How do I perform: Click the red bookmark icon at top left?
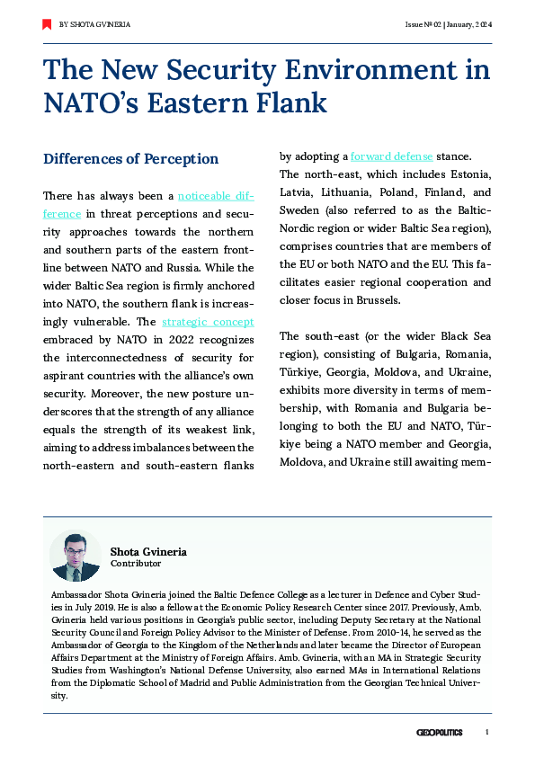(x=47, y=24)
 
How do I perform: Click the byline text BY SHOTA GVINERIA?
(x=94, y=24)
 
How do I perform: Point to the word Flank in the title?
(x=288, y=102)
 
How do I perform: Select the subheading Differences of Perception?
(x=131, y=159)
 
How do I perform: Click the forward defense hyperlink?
(x=391, y=155)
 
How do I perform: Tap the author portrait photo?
(x=75, y=556)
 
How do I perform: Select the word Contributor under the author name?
(x=136, y=564)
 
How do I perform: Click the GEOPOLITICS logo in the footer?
(x=439, y=733)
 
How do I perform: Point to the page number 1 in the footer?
(x=486, y=733)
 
